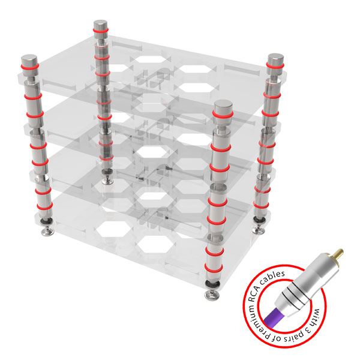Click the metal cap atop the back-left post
pyautogui.click(x=100, y=26)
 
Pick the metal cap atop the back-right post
pyautogui.click(x=275, y=64)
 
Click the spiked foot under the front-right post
pyautogui.click(x=212, y=295)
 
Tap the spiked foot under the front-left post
pyautogui.click(x=47, y=232)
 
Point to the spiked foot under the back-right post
pyautogui.click(x=258, y=230)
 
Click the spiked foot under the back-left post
pyautogui.click(x=107, y=181)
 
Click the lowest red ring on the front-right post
pyautogui.click(x=214, y=268)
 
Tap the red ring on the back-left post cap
pyautogui.click(x=100, y=31)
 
